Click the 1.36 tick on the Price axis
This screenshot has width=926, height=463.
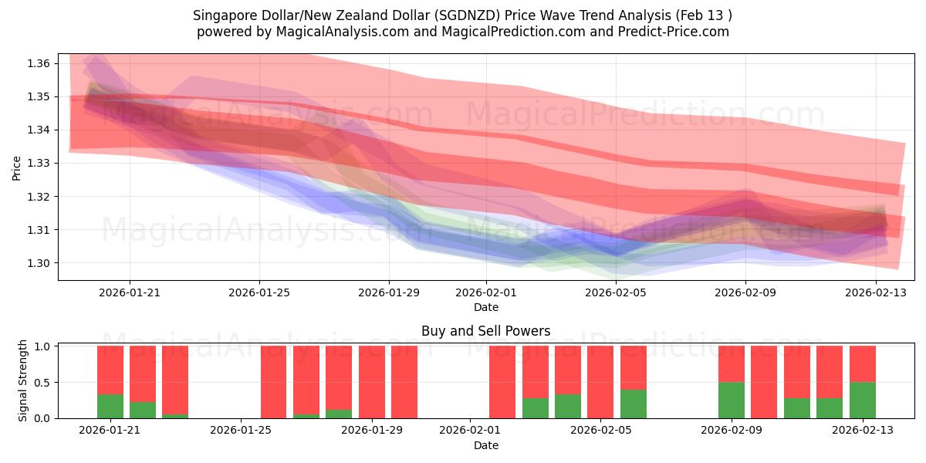(39, 63)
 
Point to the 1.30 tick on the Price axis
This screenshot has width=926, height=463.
(39, 263)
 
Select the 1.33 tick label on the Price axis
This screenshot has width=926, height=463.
(39, 164)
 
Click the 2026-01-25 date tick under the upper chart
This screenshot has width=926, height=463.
(259, 292)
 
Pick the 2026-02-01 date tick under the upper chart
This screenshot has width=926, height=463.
(486, 292)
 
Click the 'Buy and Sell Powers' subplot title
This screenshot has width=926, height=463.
(485, 331)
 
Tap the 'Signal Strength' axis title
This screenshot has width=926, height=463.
(23, 380)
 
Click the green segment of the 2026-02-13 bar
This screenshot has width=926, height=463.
(862, 400)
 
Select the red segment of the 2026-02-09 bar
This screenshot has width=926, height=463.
(731, 364)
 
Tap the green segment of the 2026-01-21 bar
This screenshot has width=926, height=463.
(110, 407)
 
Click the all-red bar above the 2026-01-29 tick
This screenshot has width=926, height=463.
(372, 382)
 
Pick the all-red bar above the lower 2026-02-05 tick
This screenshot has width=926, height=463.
(600, 382)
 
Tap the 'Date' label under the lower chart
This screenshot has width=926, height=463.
(485, 445)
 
